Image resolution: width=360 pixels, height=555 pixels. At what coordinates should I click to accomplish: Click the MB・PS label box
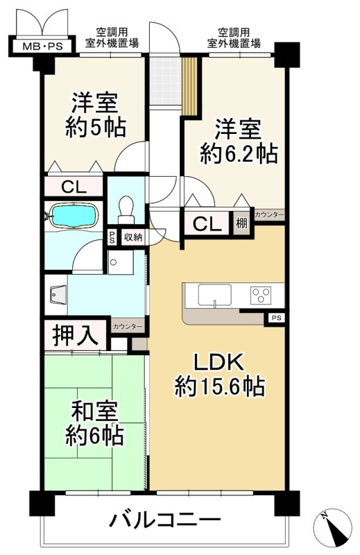(42, 46)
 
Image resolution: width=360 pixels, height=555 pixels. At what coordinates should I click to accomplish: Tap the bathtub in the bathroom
(74, 216)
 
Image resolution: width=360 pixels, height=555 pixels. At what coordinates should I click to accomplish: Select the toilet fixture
(126, 210)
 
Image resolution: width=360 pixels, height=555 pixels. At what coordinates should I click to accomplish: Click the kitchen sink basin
(214, 294)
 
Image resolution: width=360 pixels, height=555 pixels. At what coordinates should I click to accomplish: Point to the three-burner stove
(261, 295)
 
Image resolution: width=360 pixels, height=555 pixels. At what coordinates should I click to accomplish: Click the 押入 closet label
(75, 335)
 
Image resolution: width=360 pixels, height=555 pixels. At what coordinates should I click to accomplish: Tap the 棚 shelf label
(241, 223)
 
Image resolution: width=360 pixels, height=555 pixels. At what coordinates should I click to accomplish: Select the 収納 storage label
(133, 237)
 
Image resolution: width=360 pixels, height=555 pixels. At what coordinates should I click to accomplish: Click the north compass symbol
(333, 527)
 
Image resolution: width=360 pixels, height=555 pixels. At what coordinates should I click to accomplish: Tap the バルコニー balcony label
(164, 520)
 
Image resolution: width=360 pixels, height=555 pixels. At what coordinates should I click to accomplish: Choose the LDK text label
(218, 361)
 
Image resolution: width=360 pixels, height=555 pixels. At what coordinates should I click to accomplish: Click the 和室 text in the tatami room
(94, 411)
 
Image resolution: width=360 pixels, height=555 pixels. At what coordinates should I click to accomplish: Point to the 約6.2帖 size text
(239, 153)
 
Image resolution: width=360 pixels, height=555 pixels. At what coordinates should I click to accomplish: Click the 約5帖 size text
(96, 128)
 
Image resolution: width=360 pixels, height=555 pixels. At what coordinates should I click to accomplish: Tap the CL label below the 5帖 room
(74, 187)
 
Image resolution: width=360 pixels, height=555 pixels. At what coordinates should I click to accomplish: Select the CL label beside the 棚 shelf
(207, 223)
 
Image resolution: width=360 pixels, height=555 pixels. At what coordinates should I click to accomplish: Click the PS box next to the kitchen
(276, 318)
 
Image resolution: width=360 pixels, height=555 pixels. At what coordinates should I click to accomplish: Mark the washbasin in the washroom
(57, 296)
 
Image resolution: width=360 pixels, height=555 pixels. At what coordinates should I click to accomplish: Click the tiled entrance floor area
(165, 81)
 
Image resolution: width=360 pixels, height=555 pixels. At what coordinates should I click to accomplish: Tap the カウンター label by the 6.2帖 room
(269, 215)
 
